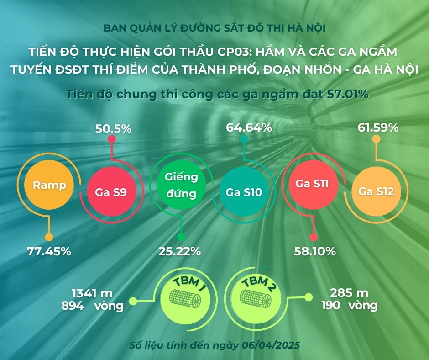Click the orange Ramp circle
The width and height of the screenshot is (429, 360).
tap(49, 185)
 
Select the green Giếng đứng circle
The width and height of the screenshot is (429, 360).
tap(181, 185)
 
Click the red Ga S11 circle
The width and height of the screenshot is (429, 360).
tap(313, 184)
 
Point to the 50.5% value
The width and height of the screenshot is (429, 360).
tap(113, 129)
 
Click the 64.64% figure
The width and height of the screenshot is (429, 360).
tap(249, 128)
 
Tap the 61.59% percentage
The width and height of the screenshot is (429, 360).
tap(378, 127)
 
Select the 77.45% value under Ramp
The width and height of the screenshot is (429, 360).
tap(48, 251)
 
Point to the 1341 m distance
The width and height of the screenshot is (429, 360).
tap(92, 293)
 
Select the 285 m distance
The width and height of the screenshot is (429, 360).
tap(350, 293)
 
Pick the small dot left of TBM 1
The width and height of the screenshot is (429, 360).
tap(133, 301)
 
